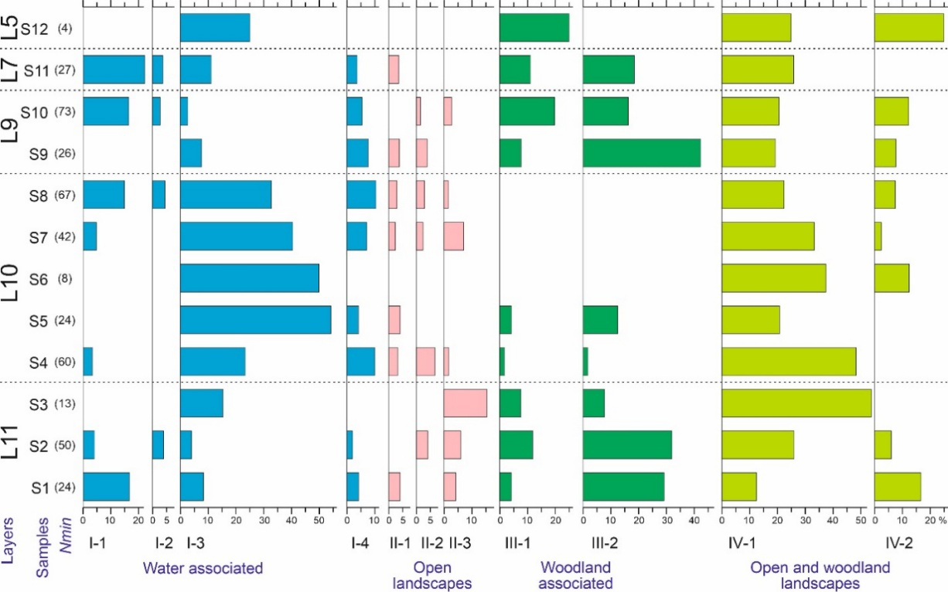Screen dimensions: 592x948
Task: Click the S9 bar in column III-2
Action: click(642, 153)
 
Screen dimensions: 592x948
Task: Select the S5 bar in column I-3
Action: click(256, 320)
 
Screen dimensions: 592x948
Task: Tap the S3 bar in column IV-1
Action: click(796, 403)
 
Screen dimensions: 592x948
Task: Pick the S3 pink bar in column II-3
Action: click(465, 403)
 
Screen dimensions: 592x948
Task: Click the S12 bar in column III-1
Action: click(534, 28)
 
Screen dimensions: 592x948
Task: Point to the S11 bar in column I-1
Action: click(114, 70)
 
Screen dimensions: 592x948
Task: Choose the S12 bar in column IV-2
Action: click(909, 28)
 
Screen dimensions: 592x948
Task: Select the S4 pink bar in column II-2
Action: click(425, 362)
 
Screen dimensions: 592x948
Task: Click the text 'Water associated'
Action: click(203, 568)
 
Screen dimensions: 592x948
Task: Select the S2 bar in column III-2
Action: click(627, 445)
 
